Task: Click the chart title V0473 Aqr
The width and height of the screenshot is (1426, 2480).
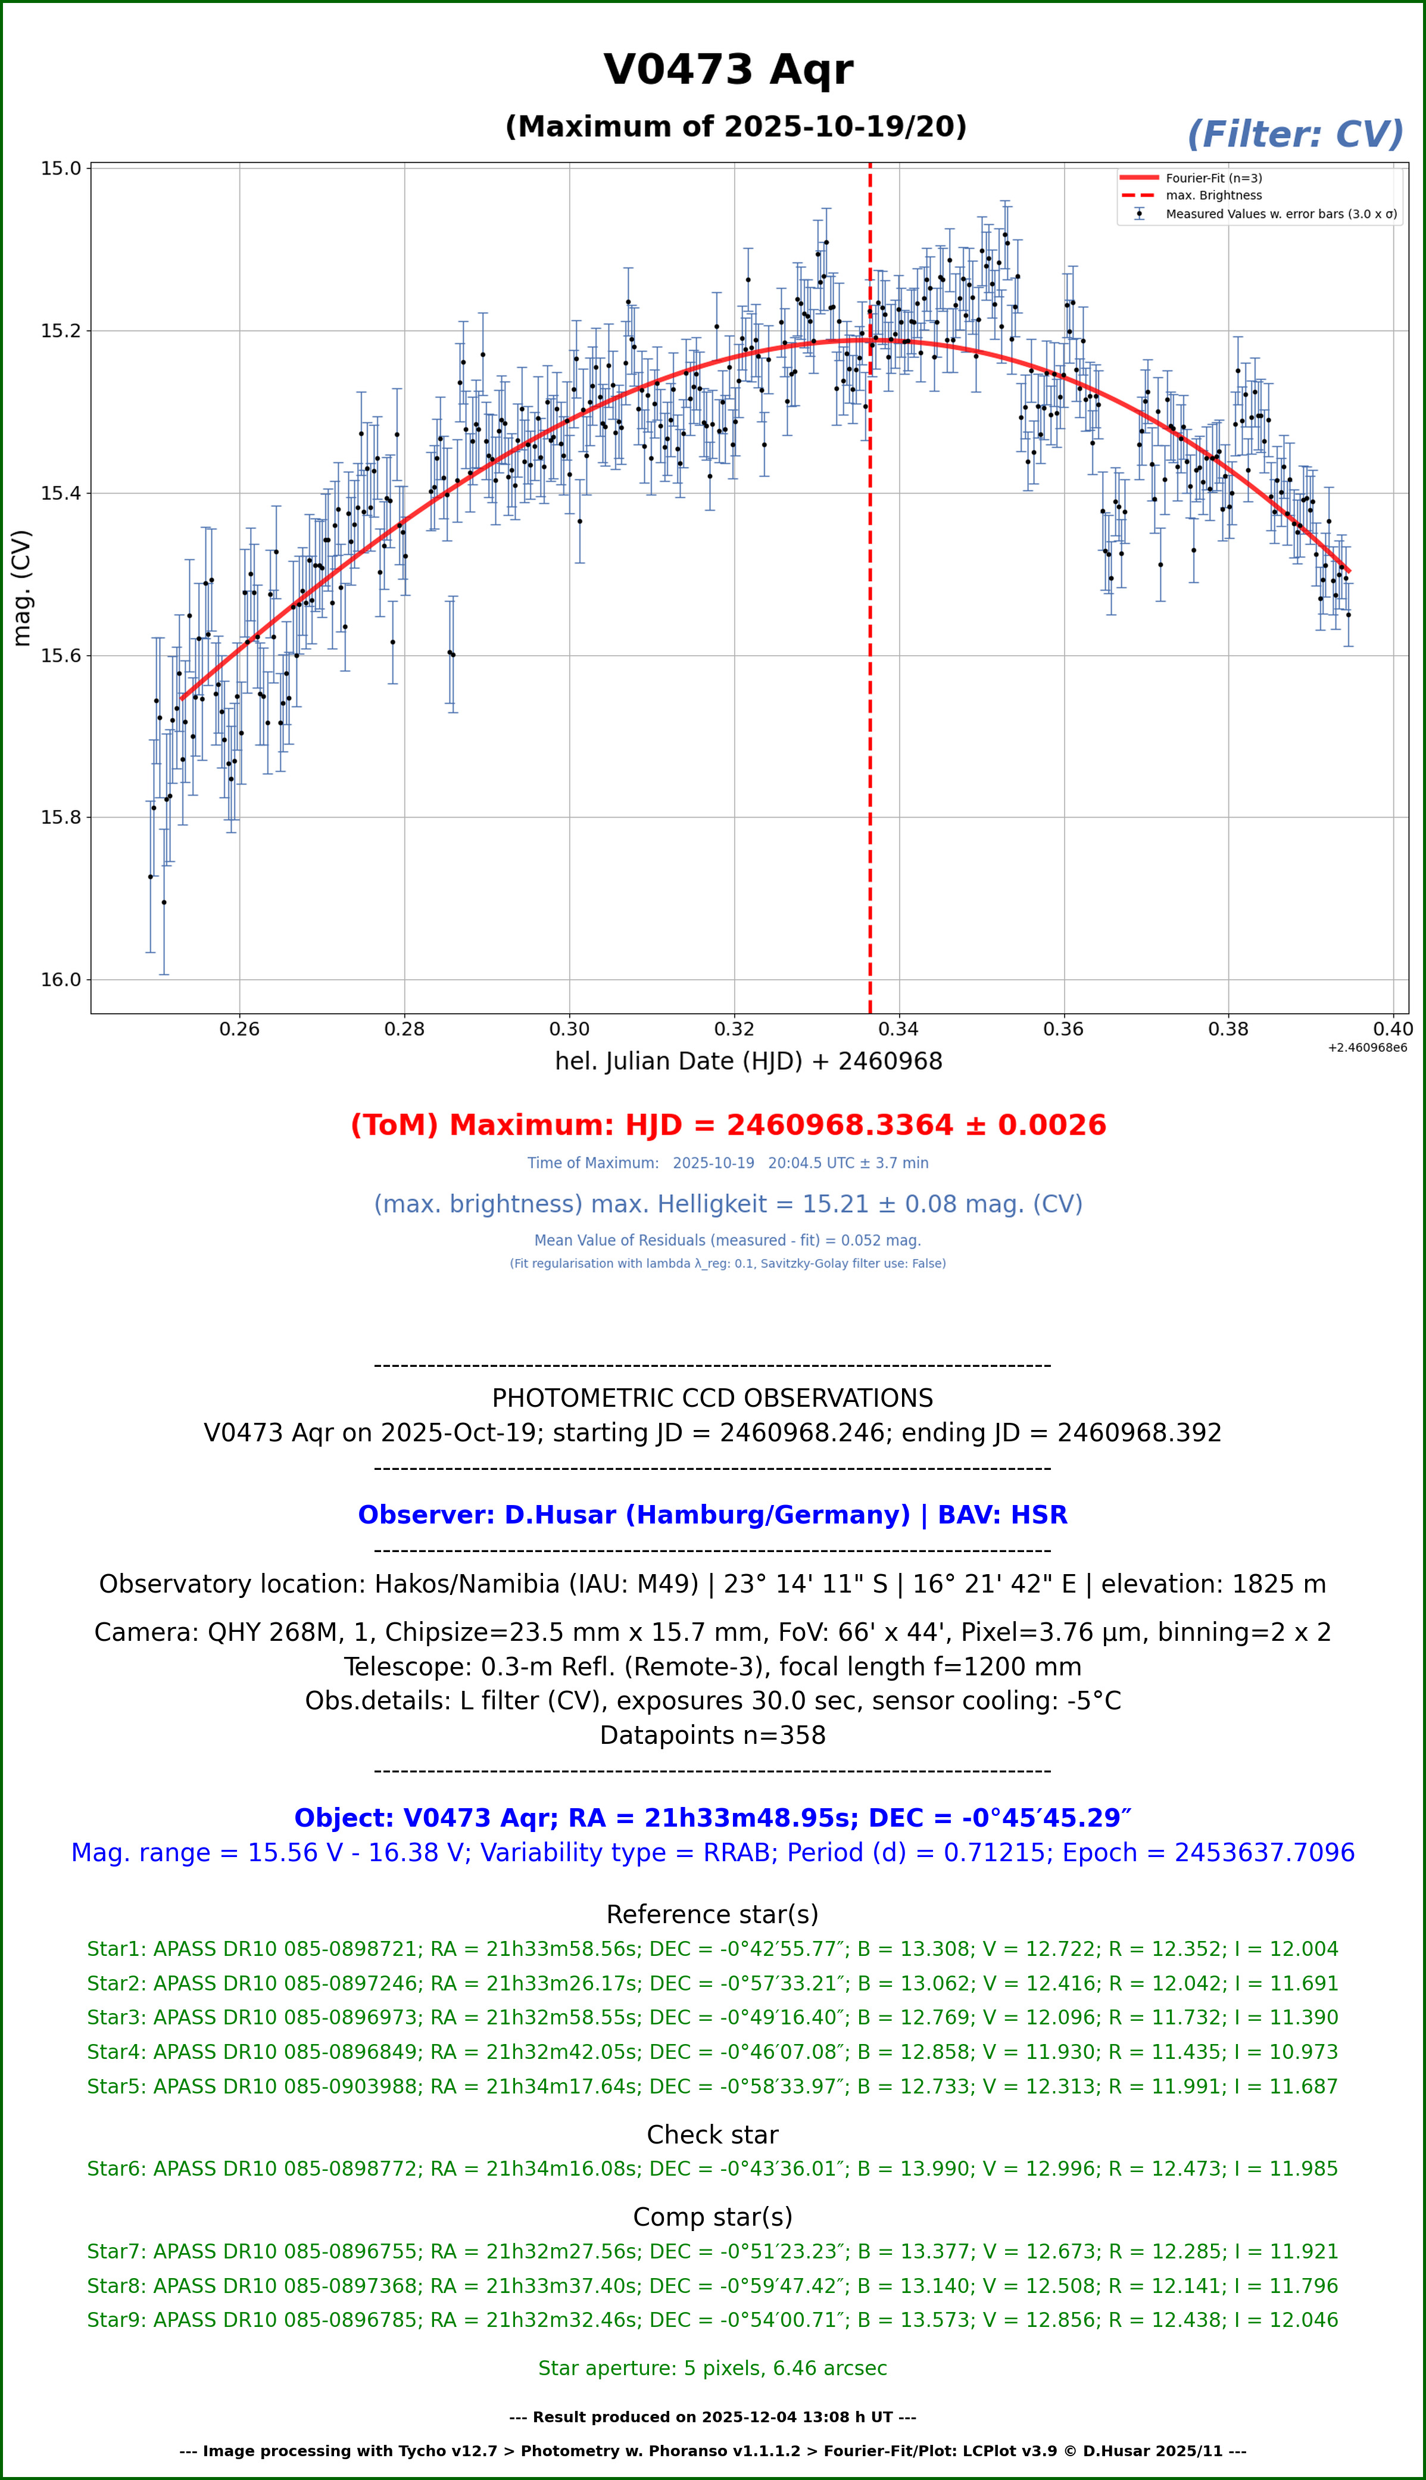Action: click(x=728, y=70)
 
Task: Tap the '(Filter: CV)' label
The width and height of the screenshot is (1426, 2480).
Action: click(x=1295, y=135)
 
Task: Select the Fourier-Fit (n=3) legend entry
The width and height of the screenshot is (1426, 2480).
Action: click(x=1212, y=178)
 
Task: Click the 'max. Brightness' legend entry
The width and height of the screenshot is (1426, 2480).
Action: click(x=1212, y=196)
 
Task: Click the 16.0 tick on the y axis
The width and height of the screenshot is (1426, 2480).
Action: click(x=61, y=980)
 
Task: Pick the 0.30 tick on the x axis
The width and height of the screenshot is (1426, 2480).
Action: click(x=569, y=1029)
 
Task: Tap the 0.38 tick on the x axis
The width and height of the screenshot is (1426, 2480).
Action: click(x=1228, y=1029)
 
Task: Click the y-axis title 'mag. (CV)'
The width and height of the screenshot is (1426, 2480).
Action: click(x=21, y=588)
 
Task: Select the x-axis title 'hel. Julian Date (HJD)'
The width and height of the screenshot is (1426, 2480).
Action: click(x=748, y=1062)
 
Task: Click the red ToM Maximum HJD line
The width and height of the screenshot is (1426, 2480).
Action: click(x=728, y=1126)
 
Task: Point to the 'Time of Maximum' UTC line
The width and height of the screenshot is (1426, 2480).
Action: click(x=728, y=1164)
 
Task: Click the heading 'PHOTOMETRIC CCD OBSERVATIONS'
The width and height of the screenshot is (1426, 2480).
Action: click(x=712, y=1398)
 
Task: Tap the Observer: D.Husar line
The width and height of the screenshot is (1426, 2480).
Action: click(x=712, y=1515)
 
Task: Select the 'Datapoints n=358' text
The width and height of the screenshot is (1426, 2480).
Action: click(x=712, y=1736)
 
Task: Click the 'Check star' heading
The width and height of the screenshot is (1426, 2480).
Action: click(x=712, y=2135)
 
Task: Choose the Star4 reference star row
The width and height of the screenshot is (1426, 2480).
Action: click(x=712, y=2052)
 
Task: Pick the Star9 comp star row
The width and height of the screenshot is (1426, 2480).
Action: click(x=712, y=2320)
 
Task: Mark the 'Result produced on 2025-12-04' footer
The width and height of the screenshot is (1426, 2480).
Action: click(x=712, y=2417)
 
